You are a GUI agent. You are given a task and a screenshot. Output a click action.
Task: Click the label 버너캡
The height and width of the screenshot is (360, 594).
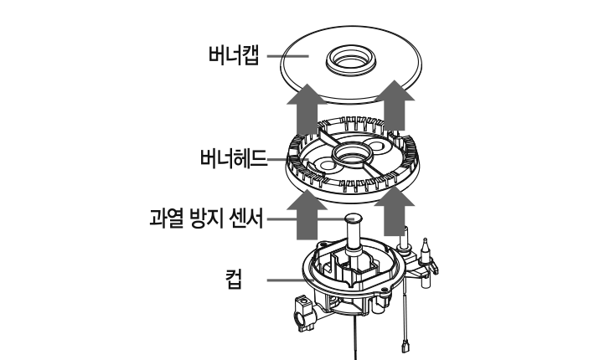tap(234, 55)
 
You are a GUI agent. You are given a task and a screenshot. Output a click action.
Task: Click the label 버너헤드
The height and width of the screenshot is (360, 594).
tap(234, 158)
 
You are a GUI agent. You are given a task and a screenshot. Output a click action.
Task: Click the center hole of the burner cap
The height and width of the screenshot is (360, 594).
tap(351, 59)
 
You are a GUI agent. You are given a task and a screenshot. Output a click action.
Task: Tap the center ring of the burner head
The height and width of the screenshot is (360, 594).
tap(351, 155)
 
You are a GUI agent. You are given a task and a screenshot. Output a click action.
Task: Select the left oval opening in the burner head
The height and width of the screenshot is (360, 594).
tap(327, 166)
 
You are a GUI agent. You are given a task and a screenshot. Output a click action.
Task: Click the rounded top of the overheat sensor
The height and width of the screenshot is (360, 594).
tap(353, 219)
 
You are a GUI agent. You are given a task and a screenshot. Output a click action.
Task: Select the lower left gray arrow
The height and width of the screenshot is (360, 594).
tap(307, 214)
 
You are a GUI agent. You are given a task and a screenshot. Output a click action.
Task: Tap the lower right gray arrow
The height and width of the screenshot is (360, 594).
tap(395, 211)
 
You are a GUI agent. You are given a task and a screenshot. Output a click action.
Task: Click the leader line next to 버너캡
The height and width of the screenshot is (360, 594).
tap(288, 56)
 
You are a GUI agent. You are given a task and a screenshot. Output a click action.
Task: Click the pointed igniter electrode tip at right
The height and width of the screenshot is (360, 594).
tap(425, 241)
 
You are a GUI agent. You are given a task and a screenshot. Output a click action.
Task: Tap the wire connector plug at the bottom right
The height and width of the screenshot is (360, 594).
tap(405, 346)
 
